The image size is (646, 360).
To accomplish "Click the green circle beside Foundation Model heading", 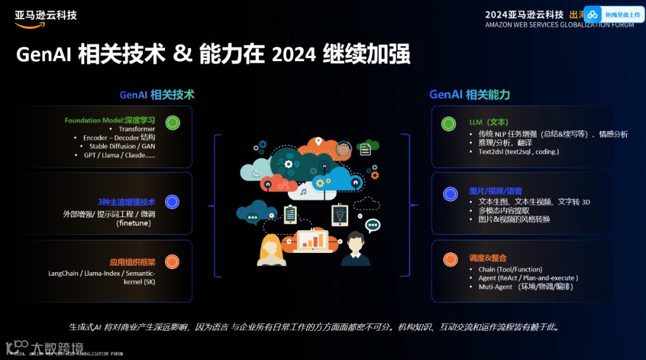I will pos(172,123).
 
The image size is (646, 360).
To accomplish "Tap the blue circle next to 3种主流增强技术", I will pos(172,202).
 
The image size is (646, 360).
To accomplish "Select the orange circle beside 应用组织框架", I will pos(172,261).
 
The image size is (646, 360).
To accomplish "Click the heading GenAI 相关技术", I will pos(157,94).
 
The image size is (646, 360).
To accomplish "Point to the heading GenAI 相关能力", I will pos(470,94).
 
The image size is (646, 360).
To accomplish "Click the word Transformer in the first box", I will pos(137,129).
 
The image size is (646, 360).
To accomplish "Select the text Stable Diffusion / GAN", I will pos(122,147).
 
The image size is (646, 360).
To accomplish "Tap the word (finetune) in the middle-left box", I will pos(133,223).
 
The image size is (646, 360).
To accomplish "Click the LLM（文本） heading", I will pos(489,122).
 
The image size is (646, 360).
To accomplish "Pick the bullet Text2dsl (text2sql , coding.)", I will pos(519,152).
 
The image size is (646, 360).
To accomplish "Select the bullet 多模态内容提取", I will pos(504,210).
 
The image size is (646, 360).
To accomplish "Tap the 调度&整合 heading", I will pos(487,258).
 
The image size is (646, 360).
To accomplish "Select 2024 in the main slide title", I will pos(293,55).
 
